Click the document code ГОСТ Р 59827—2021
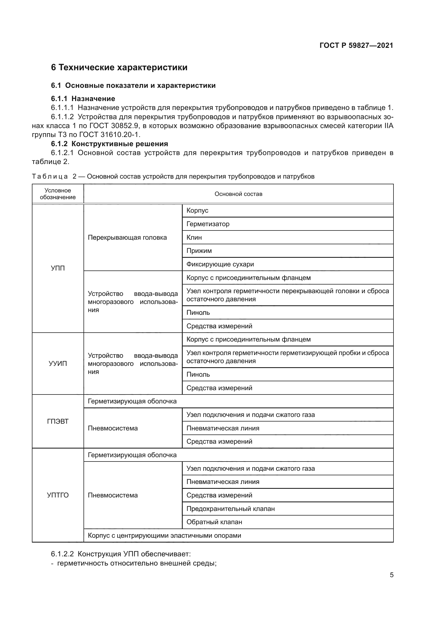point(356,45)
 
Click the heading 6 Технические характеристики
point(119,68)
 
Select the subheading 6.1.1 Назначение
point(83,99)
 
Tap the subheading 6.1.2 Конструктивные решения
point(109,144)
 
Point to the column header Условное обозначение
point(58,194)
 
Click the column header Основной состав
point(238,194)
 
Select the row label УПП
point(58,268)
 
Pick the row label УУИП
point(58,364)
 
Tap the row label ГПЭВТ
point(58,422)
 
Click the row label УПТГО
point(58,495)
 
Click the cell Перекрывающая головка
point(127,238)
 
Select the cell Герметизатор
point(208,224)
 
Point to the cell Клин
point(194,237)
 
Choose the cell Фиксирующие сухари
point(220,264)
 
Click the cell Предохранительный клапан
point(231,509)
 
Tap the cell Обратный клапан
point(214,522)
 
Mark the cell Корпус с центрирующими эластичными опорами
point(164,535)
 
